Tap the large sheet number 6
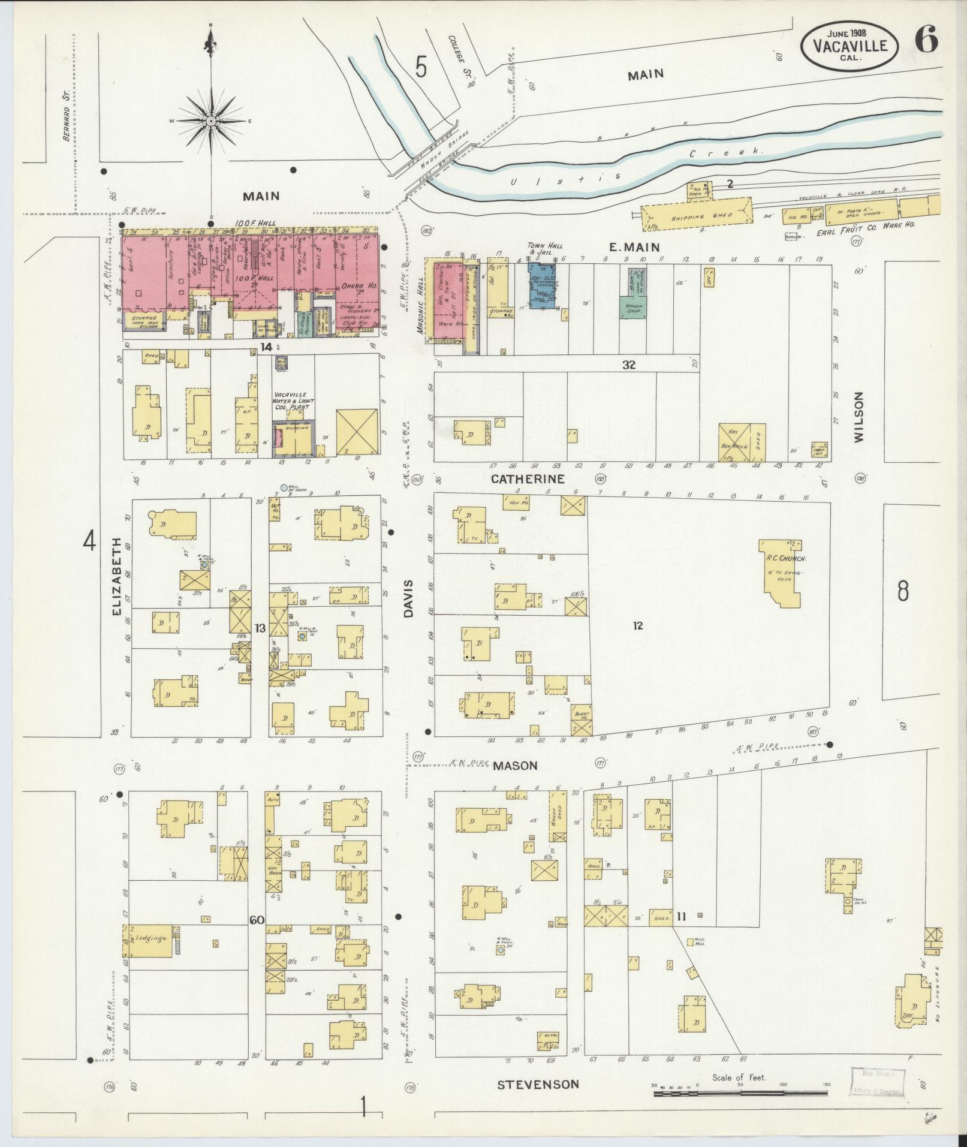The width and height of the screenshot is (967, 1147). [x=926, y=41]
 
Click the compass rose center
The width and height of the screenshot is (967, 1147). [x=211, y=121]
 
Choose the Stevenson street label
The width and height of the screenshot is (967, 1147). [x=538, y=1084]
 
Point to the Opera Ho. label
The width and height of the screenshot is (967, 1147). [x=357, y=287]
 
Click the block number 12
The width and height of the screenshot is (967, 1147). [x=637, y=625]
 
